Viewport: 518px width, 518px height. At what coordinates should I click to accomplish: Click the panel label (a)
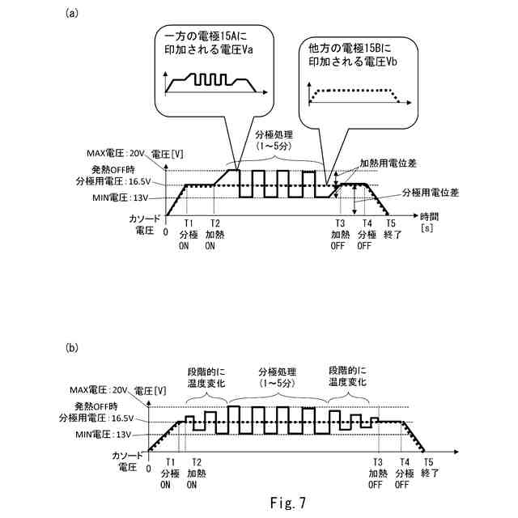[x=72, y=14]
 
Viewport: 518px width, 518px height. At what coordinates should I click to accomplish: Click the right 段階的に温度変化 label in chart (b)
[x=349, y=376]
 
